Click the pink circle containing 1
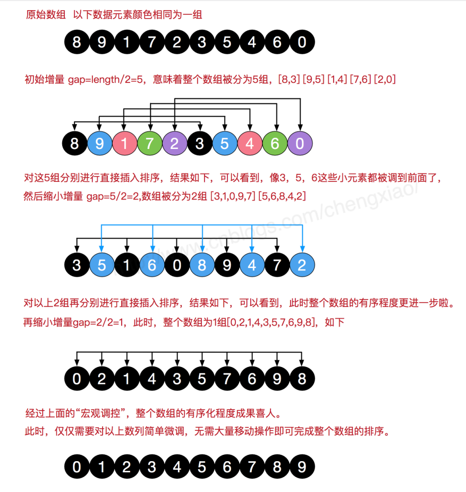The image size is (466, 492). point(124,144)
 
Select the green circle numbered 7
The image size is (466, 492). point(149,144)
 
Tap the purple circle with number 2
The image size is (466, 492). point(175,144)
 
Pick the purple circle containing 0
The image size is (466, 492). point(300,144)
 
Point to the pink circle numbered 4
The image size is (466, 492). point(250,144)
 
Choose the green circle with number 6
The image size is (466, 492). point(275,144)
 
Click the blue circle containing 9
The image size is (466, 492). point(99,144)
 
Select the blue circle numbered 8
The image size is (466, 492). point(201,265)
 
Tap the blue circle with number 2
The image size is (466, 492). point(302,265)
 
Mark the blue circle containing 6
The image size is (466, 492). point(151,265)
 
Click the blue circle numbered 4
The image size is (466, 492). point(252,265)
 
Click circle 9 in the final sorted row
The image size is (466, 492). point(302,467)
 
